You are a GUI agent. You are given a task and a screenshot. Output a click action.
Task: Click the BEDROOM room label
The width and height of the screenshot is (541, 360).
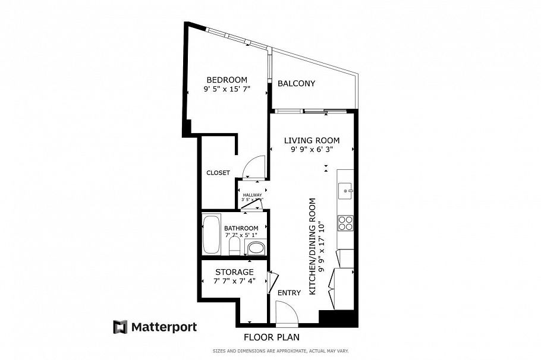(227, 80)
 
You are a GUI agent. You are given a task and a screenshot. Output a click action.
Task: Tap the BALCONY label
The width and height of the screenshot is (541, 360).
(296, 84)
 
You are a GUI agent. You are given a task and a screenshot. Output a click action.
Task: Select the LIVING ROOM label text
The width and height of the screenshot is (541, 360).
(312, 141)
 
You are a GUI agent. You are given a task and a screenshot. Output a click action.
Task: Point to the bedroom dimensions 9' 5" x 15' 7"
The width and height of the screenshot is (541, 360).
(227, 90)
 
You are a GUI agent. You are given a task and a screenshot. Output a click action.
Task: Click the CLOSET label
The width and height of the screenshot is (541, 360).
(218, 173)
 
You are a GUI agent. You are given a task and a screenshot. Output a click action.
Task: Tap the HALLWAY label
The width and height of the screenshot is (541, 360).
(252, 195)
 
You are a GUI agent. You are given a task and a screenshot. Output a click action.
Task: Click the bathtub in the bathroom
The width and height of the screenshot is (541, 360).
(211, 235)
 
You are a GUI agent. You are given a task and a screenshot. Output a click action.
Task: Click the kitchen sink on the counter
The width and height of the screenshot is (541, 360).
(345, 191)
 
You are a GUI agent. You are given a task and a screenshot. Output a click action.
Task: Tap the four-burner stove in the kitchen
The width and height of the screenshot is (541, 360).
(345, 223)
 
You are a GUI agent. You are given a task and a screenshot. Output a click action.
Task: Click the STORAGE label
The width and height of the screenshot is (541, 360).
(234, 272)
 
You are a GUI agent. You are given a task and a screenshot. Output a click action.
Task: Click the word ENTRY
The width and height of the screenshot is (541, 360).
(289, 293)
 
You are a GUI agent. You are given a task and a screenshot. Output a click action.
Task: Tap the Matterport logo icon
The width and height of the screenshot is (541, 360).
(121, 327)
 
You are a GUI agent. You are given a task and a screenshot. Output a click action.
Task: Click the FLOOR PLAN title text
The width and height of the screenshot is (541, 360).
(271, 337)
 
